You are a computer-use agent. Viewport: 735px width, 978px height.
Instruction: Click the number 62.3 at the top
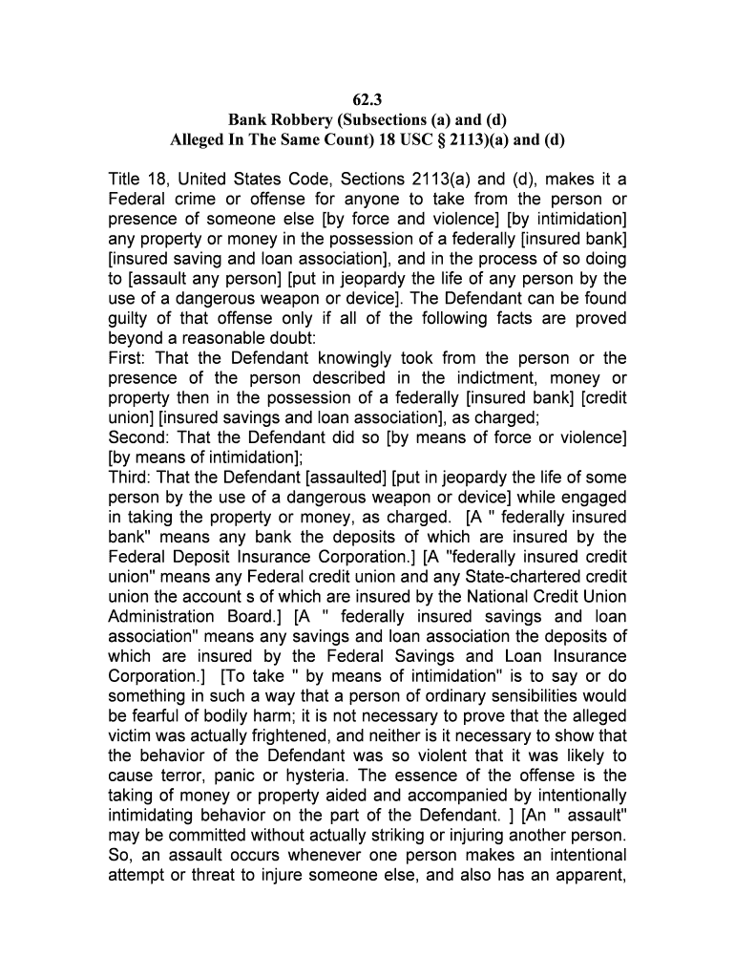click(x=367, y=96)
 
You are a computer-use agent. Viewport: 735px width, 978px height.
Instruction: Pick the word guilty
click(x=130, y=319)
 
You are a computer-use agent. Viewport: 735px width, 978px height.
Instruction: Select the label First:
click(x=129, y=359)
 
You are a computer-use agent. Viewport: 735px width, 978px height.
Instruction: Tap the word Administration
click(x=161, y=617)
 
